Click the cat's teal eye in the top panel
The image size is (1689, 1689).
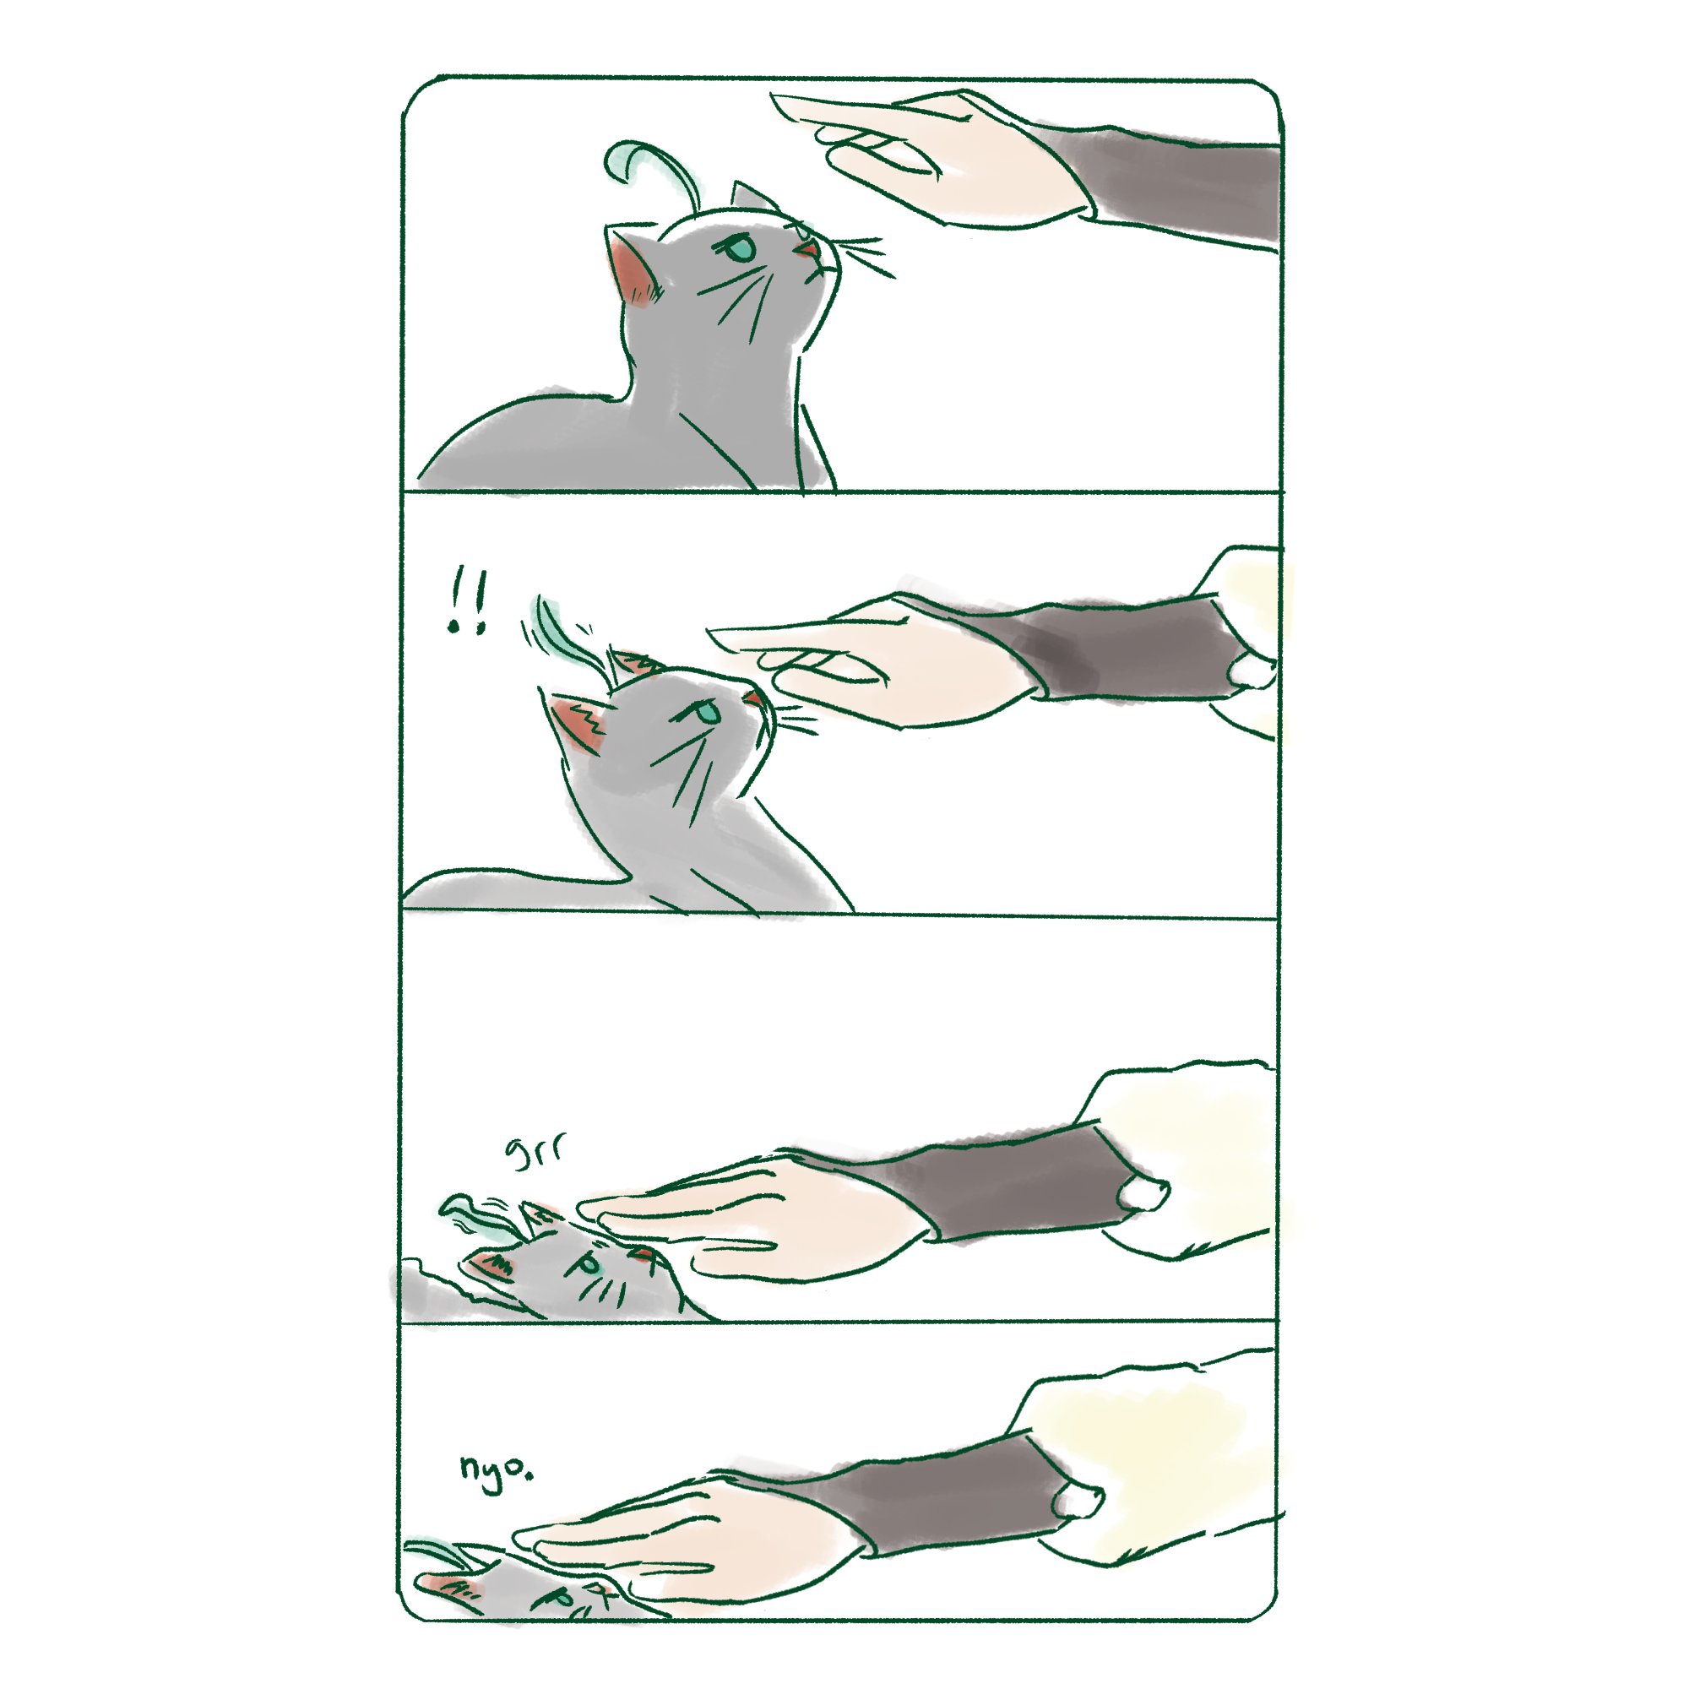[740, 250]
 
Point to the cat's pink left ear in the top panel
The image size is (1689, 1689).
[634, 271]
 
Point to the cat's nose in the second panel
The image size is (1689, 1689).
[752, 698]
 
